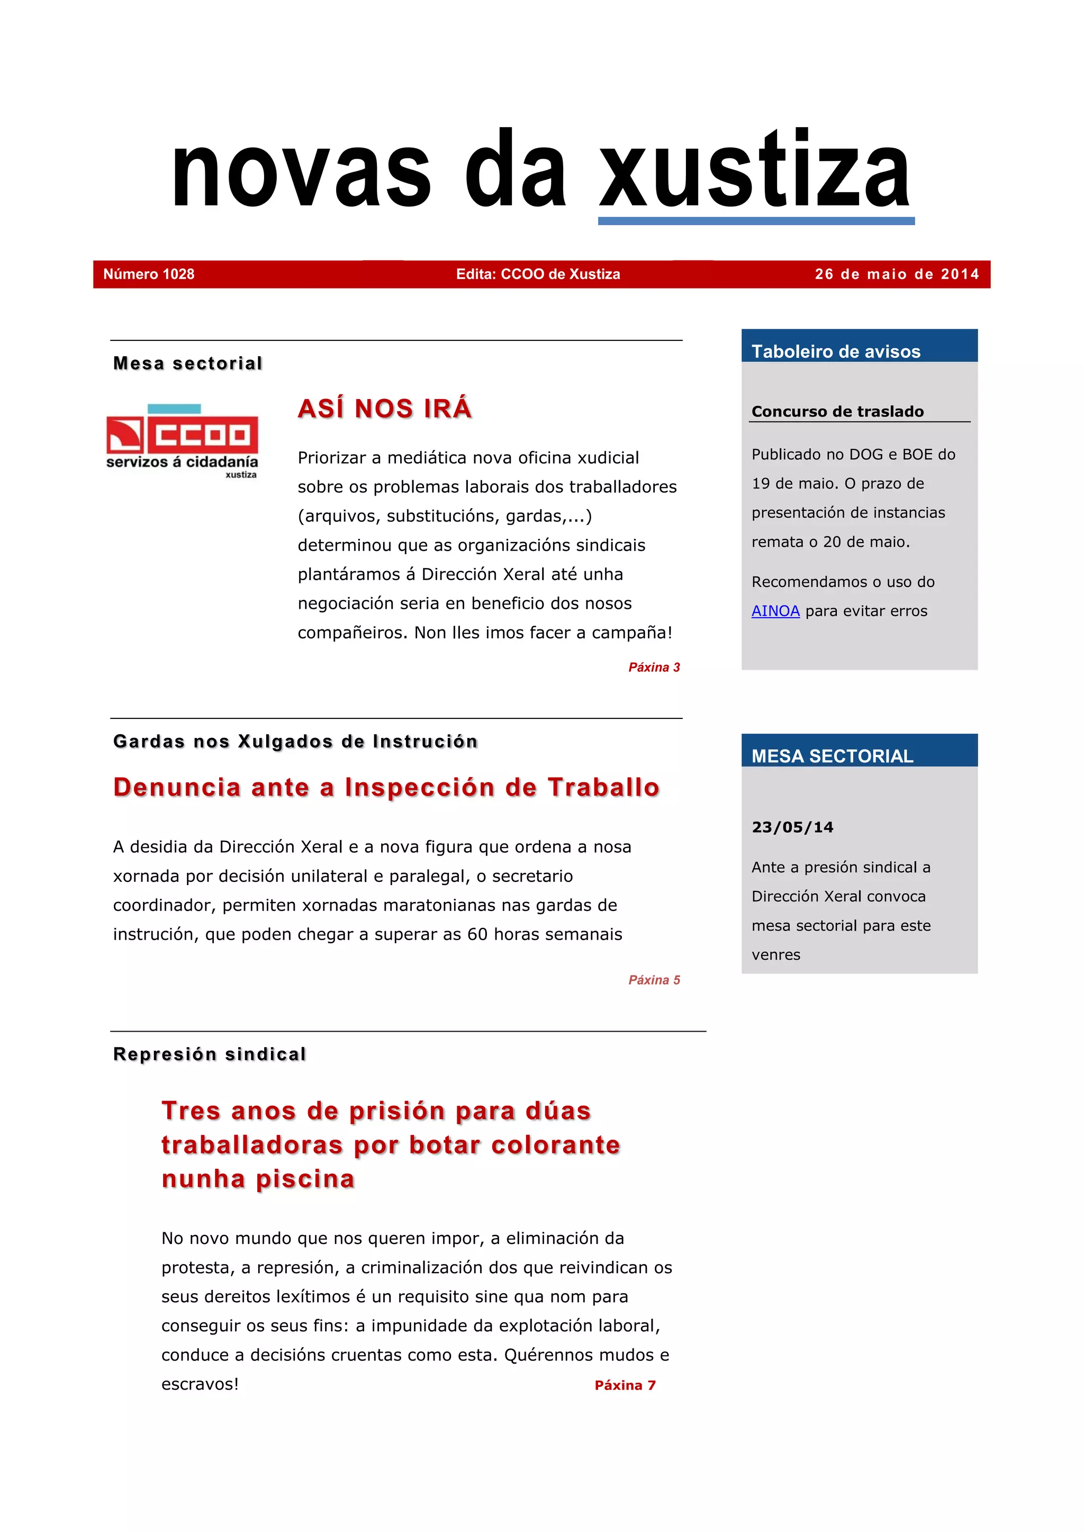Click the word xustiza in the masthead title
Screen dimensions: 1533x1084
click(755, 171)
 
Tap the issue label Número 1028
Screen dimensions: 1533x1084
click(149, 274)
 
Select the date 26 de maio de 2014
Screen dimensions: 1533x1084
click(897, 274)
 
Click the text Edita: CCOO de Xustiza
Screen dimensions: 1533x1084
click(538, 274)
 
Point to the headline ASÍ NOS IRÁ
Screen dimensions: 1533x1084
click(384, 409)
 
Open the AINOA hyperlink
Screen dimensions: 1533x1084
click(775, 611)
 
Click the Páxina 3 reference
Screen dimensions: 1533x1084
click(654, 667)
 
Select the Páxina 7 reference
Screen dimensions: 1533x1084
click(625, 1385)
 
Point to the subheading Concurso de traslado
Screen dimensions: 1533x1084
click(837, 411)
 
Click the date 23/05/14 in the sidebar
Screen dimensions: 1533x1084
click(792, 827)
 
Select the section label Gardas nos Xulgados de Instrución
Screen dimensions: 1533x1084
click(295, 741)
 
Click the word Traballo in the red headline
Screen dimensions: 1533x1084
click(603, 787)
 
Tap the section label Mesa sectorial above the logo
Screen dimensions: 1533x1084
click(187, 363)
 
